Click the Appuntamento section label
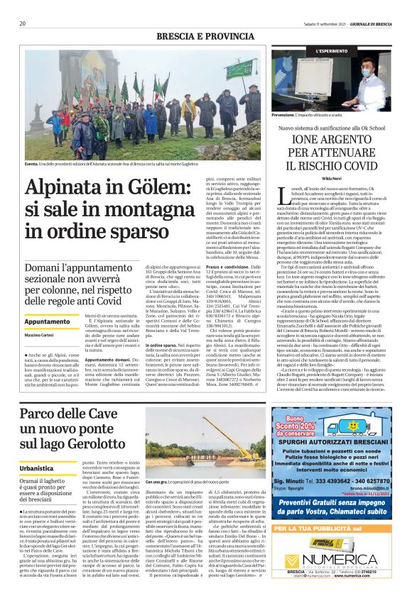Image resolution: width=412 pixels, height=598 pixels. [x=47, y=322]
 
